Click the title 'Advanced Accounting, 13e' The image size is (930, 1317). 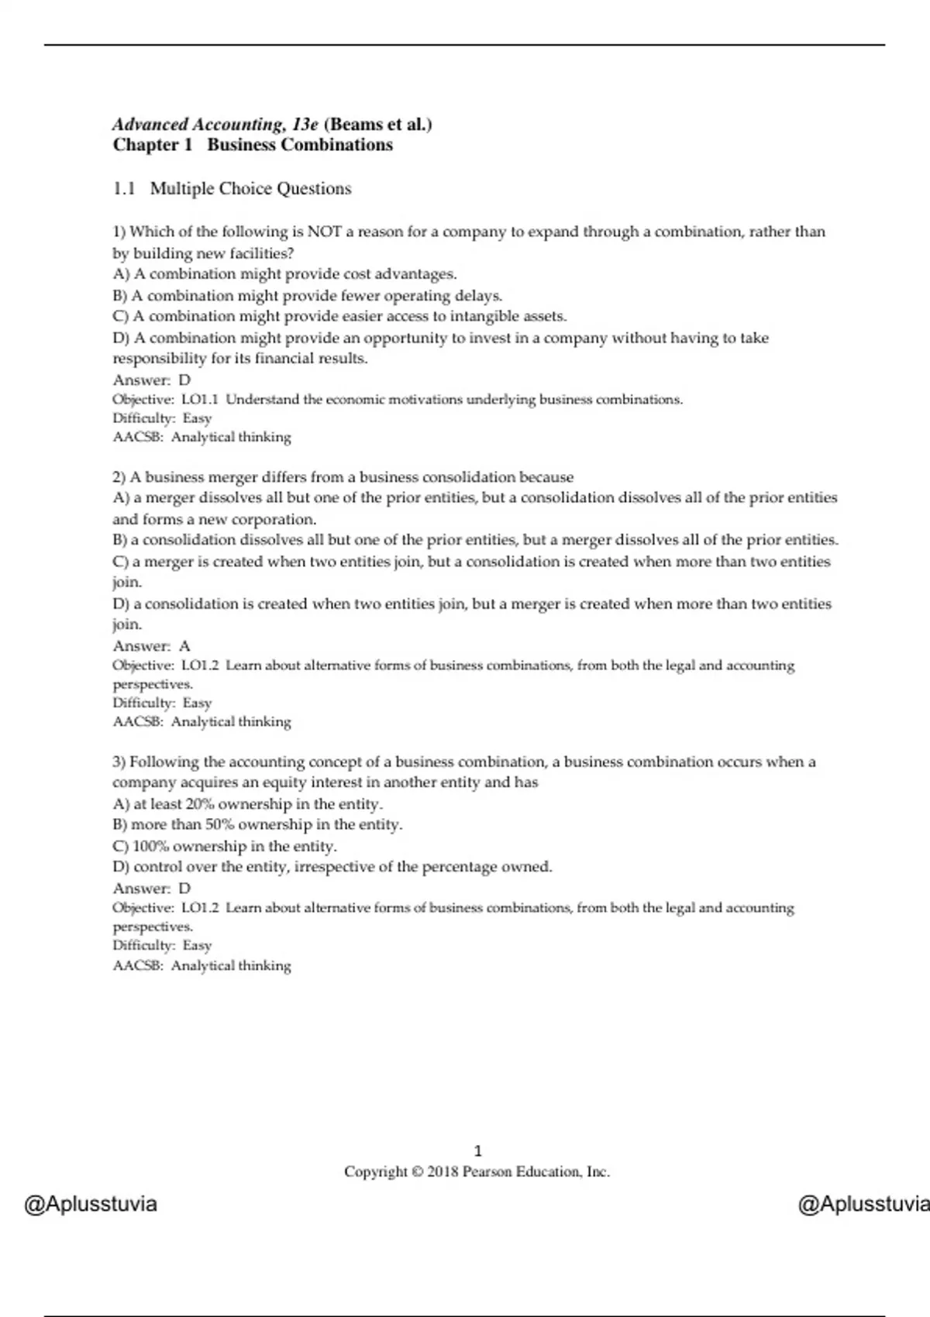pos(215,124)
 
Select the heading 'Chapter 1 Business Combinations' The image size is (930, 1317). pos(253,145)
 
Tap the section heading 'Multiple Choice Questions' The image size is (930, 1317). pos(250,188)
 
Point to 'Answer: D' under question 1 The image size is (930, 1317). pos(152,380)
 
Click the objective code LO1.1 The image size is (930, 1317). pos(200,400)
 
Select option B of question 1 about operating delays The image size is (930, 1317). pos(308,295)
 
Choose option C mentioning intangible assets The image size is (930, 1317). pos(339,316)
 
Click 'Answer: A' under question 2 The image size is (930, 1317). pos(152,645)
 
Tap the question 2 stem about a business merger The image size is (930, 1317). pos(343,477)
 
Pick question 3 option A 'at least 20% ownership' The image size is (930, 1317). pos(248,804)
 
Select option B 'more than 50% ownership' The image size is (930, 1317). pos(257,825)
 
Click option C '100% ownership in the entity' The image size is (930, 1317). pos(225,846)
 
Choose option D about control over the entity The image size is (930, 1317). pos(332,867)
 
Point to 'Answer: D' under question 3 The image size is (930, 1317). pos(152,888)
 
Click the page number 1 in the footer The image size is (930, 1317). pos(477,1151)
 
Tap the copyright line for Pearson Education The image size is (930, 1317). pos(477,1172)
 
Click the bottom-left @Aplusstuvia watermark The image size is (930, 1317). pos(91,1205)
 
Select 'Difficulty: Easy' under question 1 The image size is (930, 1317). pos(162,418)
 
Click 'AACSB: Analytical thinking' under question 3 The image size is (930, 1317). pos(202,965)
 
